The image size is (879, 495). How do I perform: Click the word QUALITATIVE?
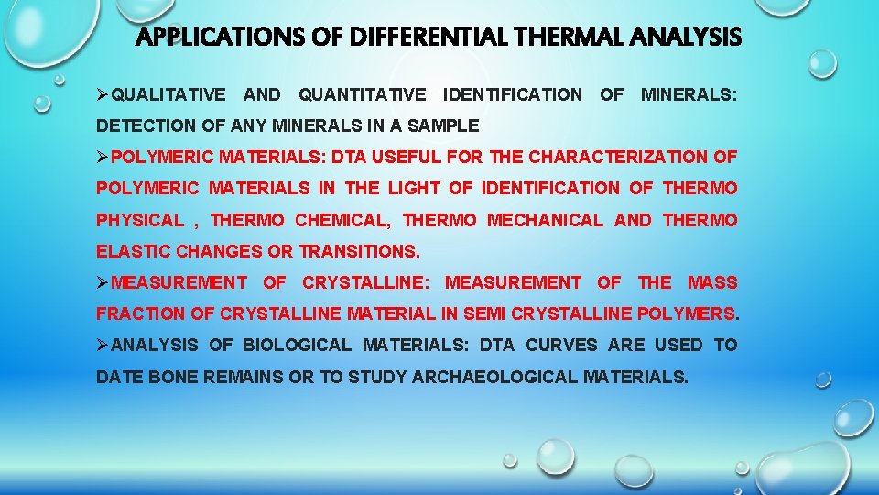[168, 94]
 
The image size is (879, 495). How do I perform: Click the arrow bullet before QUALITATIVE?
[103, 94]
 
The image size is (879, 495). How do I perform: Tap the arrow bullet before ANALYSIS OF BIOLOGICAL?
[103, 345]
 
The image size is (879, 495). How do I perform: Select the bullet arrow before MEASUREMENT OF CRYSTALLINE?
[103, 282]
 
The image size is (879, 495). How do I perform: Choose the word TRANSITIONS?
[359, 251]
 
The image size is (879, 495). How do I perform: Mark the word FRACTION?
[140, 313]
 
